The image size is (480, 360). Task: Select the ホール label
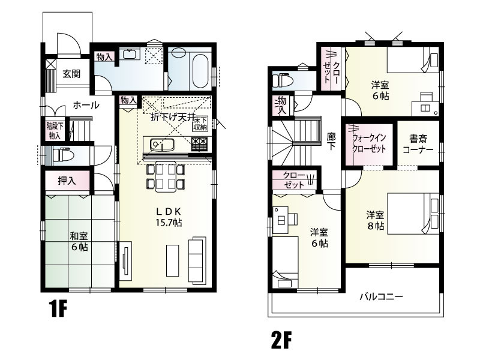86,105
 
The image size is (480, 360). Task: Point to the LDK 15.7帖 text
169,217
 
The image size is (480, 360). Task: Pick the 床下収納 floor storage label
200,123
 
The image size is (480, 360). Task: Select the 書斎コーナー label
418,144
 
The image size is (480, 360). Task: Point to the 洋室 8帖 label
375,220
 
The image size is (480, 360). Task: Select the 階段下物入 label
55,131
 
